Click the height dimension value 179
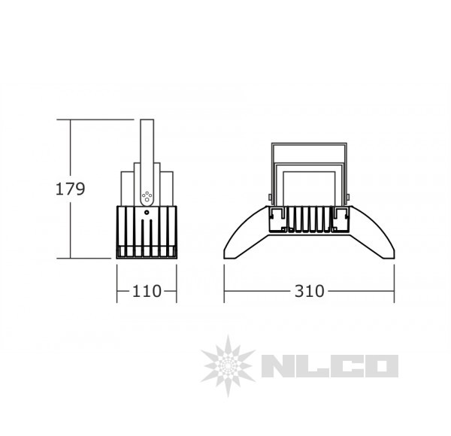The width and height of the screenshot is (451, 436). (x=71, y=188)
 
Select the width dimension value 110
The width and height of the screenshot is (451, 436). (x=147, y=291)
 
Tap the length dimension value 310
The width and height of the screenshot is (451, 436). (x=310, y=291)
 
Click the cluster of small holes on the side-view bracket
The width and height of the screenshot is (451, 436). (x=147, y=198)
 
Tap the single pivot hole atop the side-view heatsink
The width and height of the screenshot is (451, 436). (x=147, y=213)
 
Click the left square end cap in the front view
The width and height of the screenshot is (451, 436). (x=277, y=219)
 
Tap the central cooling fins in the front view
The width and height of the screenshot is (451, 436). (x=309, y=220)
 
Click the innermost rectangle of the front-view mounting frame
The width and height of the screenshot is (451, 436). (x=309, y=188)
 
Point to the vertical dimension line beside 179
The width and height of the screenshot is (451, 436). (x=71, y=226)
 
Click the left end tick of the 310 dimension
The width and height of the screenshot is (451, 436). (x=225, y=291)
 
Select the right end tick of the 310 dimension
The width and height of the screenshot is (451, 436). (x=395, y=291)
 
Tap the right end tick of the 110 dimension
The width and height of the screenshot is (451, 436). (x=177, y=291)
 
